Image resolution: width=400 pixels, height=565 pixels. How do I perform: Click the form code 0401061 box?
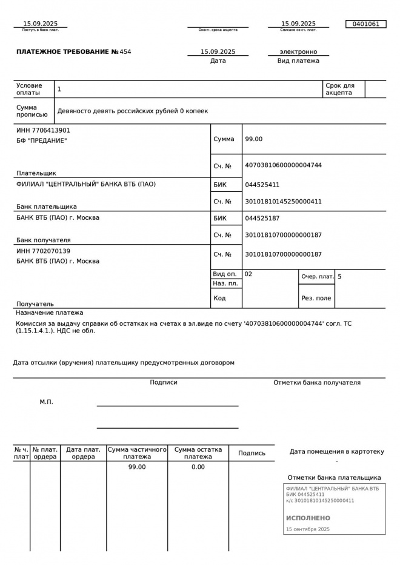point(365,24)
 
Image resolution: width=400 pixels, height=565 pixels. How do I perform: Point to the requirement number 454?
point(125,52)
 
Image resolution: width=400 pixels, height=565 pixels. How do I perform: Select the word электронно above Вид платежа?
point(298,52)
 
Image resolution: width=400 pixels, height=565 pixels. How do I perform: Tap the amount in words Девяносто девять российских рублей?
point(132,111)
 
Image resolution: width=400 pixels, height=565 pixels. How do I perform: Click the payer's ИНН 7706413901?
point(43,130)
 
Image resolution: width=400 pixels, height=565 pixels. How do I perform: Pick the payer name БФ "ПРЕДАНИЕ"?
point(41,140)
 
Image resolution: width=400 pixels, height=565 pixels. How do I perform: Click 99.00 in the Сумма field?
point(253,139)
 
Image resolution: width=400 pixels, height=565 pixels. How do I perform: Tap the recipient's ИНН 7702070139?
point(43,251)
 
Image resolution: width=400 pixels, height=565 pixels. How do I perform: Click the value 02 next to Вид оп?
point(248,274)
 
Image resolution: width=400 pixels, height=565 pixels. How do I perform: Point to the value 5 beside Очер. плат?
point(339,277)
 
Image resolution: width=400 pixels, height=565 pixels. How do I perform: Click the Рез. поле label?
point(316,298)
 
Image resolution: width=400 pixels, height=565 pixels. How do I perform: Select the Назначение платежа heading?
point(49,313)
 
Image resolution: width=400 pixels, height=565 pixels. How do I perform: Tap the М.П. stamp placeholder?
point(46,402)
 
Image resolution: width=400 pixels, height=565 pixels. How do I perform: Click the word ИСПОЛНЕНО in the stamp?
point(308,518)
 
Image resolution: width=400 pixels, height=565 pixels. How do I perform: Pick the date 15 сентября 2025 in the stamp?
point(308,529)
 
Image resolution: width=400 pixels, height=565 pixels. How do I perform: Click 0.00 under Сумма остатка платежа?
point(198,467)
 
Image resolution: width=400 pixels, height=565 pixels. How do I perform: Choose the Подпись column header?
point(252,453)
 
